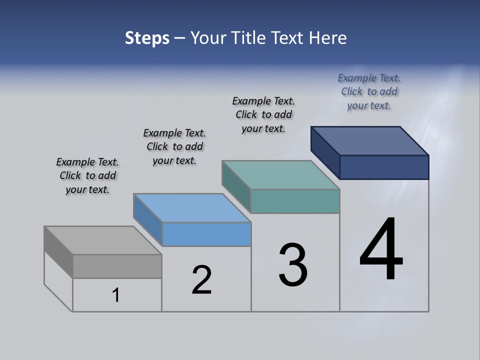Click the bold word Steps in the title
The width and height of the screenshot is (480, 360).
[x=147, y=38]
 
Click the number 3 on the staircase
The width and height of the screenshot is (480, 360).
[x=293, y=265]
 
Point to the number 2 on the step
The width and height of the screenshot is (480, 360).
[x=201, y=280]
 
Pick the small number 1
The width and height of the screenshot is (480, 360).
[x=116, y=295]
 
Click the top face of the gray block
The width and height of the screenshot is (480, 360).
[x=103, y=240]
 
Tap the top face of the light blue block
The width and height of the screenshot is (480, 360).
[x=192, y=208]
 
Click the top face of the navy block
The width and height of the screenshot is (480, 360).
[x=370, y=141]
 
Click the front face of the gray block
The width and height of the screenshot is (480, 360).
[x=117, y=266]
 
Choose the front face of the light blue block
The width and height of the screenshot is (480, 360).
[x=206, y=234]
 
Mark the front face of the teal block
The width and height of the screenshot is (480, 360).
[x=295, y=201]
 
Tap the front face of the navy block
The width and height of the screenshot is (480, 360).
[x=384, y=167]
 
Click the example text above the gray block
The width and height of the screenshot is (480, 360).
[x=87, y=175]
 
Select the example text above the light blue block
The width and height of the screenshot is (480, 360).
[x=174, y=146]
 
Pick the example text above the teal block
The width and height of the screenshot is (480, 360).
[x=263, y=114]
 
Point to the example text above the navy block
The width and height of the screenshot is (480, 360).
[x=369, y=91]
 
